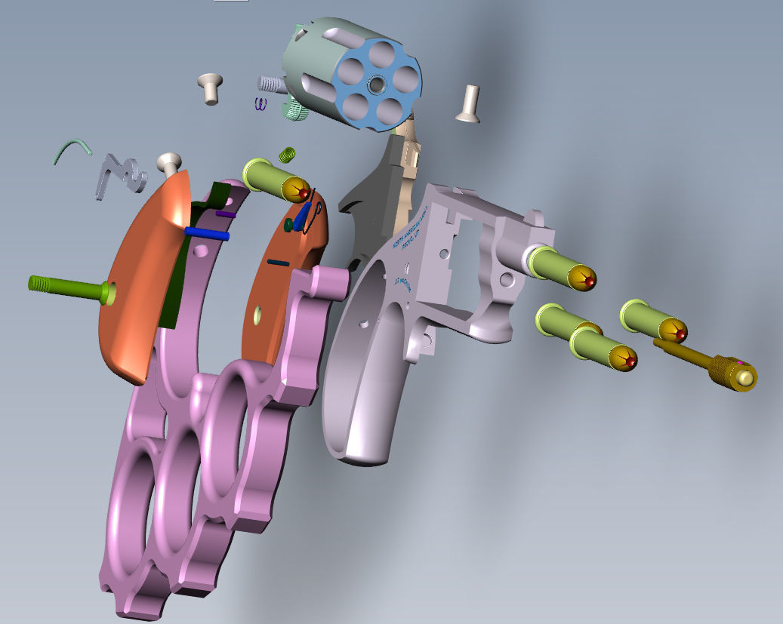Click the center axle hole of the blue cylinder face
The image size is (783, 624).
[x=375, y=83]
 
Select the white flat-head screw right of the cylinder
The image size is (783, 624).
[x=468, y=102]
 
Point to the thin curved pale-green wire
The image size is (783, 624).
[x=72, y=149]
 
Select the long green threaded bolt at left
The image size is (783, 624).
[x=64, y=285]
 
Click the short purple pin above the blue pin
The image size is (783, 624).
[x=226, y=214]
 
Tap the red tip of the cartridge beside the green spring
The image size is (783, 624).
[x=305, y=194]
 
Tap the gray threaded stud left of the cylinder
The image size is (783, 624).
[x=270, y=84]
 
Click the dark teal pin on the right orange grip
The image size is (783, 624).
[x=278, y=262]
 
